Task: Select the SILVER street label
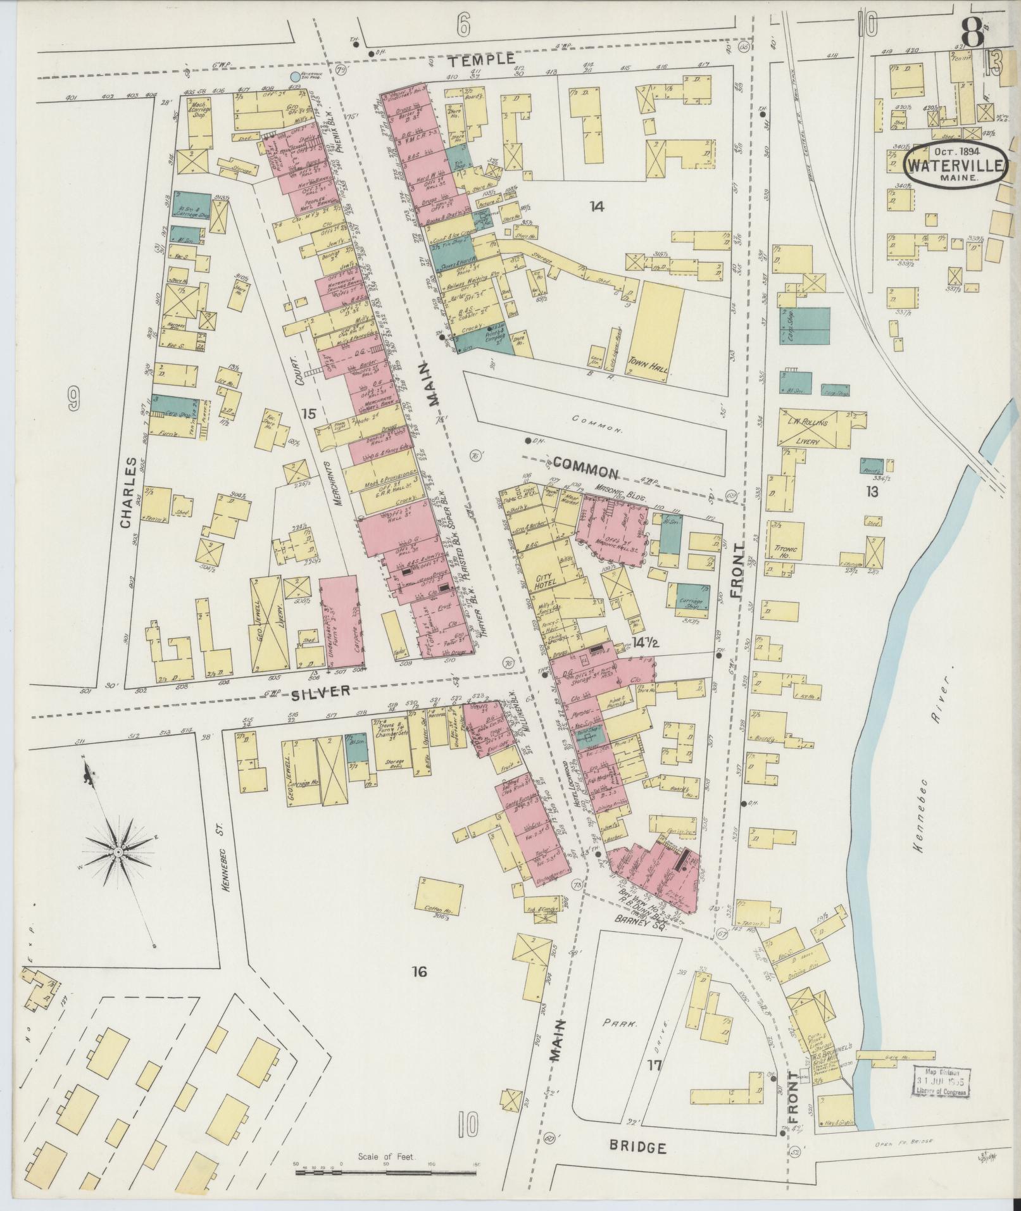click(320, 691)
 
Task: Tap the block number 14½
click(646, 644)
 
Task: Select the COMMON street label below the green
click(587, 472)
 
